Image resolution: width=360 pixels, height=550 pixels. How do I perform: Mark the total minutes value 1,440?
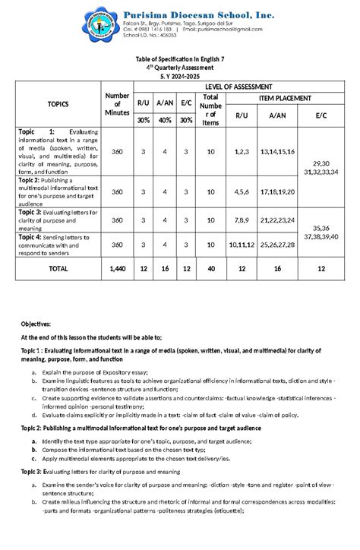[x=117, y=268]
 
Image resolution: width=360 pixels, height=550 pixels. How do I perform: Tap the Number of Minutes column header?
[x=117, y=104]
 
